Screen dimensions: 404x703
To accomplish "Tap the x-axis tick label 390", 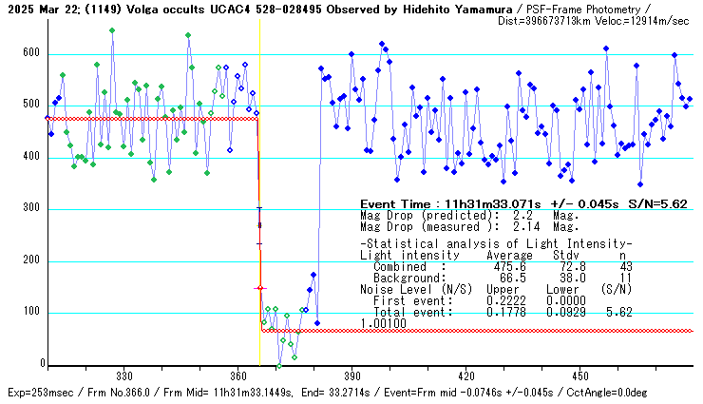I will (352, 375).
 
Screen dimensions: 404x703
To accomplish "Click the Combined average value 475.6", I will (503, 267).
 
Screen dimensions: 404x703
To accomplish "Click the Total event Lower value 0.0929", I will (557, 311).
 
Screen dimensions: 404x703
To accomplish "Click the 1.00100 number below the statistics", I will (383, 323).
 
